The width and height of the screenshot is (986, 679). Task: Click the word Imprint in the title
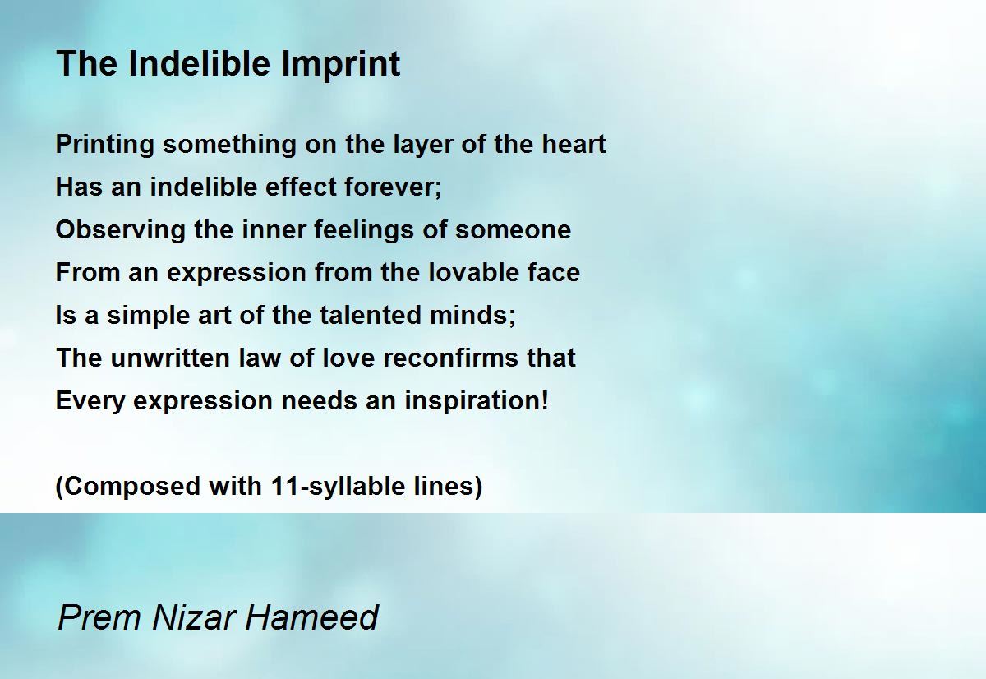tap(341, 64)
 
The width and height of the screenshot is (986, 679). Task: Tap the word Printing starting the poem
tap(105, 145)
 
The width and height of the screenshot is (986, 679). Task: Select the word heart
tap(574, 144)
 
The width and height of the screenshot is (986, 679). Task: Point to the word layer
tap(422, 145)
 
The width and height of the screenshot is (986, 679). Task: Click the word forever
tap(393, 187)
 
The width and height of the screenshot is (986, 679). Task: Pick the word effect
tap(301, 187)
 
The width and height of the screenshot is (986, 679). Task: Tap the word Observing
tap(121, 231)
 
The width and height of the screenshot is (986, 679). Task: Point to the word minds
tap(472, 316)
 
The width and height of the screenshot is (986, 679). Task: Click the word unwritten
tap(170, 358)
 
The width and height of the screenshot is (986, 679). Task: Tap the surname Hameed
tap(311, 617)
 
